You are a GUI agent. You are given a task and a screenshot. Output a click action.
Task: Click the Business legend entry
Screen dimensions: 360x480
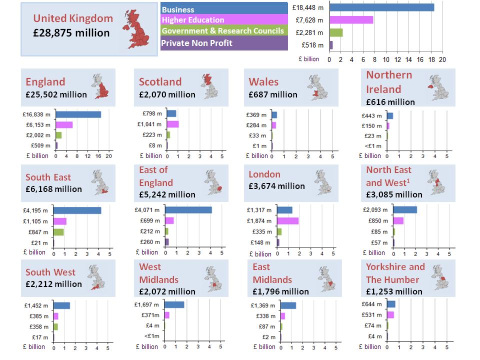click(224, 9)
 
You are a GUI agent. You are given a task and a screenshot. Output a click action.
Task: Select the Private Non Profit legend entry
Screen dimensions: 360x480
click(224, 43)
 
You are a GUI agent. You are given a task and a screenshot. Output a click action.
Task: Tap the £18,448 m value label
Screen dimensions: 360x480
click(307, 7)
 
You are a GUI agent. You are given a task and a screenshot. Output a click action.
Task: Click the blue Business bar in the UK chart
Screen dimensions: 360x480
click(381, 7)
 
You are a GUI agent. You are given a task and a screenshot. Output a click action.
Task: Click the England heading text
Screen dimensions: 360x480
click(45, 82)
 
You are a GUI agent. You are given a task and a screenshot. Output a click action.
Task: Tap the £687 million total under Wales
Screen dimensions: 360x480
click(272, 94)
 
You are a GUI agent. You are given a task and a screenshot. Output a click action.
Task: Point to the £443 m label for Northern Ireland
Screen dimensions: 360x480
click(371, 116)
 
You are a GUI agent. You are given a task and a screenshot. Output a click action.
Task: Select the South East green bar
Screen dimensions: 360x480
click(58, 232)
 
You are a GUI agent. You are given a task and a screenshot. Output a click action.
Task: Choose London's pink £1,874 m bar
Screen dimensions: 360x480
click(288, 220)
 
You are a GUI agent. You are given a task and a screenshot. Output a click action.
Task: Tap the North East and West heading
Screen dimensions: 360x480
click(389, 176)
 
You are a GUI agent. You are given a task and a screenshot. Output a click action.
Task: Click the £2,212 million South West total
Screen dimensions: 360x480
click(53, 284)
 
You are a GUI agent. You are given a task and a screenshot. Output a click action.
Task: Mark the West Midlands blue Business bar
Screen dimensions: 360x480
click(174, 304)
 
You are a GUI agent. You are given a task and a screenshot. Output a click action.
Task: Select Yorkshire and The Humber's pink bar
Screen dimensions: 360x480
click(390, 314)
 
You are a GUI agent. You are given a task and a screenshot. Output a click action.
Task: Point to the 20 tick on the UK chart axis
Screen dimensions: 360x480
click(442, 59)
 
